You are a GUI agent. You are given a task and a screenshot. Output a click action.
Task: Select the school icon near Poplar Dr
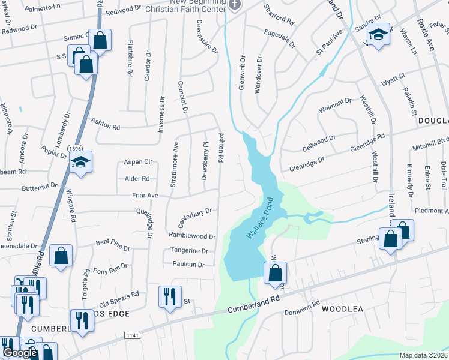(80, 162)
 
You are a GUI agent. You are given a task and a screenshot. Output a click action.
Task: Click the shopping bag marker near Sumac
(100, 41)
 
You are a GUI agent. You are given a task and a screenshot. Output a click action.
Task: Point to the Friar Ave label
(145, 196)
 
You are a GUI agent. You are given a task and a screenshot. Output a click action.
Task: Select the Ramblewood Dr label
(191, 236)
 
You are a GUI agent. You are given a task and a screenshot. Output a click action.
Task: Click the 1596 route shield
(75, 148)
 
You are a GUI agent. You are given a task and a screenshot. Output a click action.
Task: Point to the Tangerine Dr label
(190, 251)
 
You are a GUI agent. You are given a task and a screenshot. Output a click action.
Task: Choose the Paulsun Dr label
(188, 264)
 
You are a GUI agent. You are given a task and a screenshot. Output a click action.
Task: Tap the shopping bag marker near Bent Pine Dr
(61, 255)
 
